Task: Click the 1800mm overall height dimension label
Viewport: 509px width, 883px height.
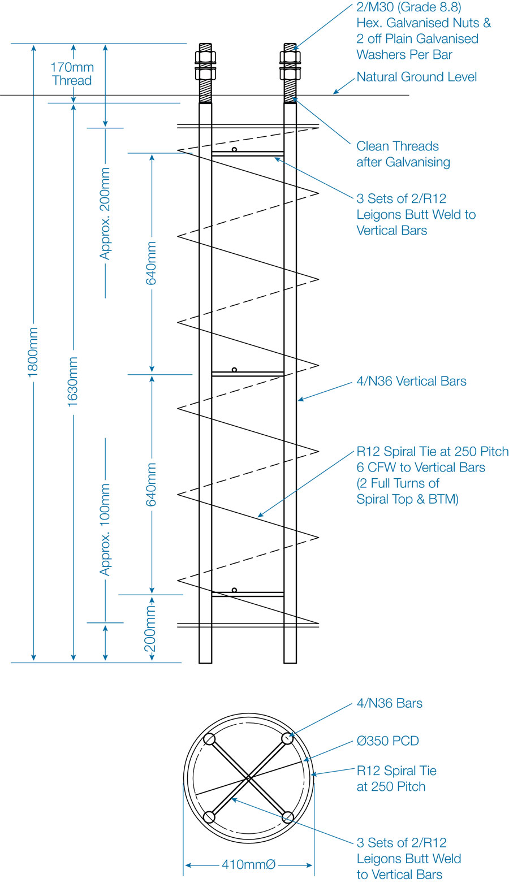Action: click(33, 352)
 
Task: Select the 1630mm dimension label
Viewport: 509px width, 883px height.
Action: click(73, 382)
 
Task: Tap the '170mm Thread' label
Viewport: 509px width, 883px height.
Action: click(72, 73)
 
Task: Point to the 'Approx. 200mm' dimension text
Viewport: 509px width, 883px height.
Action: click(105, 213)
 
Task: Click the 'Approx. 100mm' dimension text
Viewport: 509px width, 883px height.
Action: click(105, 530)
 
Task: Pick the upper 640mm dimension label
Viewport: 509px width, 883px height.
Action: click(152, 263)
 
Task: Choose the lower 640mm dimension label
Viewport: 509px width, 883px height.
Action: click(152, 484)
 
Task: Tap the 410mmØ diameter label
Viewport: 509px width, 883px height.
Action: click(248, 864)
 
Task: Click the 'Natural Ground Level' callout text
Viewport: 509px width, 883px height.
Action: click(417, 76)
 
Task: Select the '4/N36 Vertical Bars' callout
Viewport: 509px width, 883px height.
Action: click(411, 381)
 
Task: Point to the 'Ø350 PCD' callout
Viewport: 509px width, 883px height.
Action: click(387, 741)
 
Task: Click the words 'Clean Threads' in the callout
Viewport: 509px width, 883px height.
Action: click(398, 146)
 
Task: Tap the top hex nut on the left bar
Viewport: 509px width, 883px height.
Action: click(205, 57)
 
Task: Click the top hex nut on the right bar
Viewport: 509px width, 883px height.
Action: click(290, 57)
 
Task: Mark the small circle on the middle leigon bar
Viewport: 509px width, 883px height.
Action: click(234, 370)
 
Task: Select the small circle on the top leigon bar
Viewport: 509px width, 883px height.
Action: click(234, 149)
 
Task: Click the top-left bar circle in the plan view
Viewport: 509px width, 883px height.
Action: click(209, 739)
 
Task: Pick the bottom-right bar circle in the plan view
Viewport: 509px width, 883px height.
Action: click(288, 817)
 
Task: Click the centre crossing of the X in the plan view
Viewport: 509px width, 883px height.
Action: click(248, 778)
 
